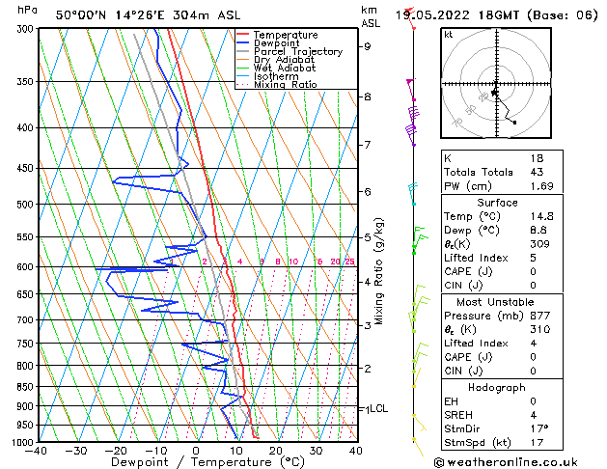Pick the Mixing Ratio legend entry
tap(286, 85)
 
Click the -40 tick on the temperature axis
tap(37, 451)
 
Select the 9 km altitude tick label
tap(368, 46)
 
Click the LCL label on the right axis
tap(378, 409)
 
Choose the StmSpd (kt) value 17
tap(538, 443)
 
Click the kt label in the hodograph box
tap(449, 34)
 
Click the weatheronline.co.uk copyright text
tap(519, 461)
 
